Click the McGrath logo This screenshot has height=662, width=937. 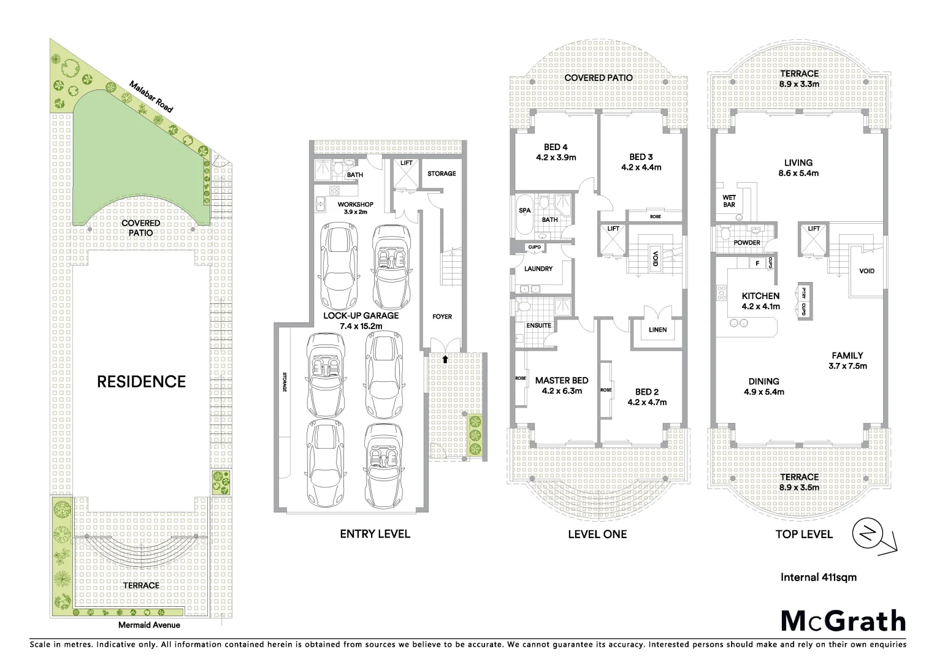pyautogui.click(x=843, y=620)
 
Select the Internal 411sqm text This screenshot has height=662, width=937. pyautogui.click(x=818, y=577)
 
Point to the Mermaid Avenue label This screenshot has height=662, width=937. pyautogui.click(x=150, y=625)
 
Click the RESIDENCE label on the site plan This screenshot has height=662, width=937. pyautogui.click(x=141, y=382)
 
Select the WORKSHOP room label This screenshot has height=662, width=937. pyautogui.click(x=355, y=204)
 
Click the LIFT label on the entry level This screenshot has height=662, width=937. pyautogui.click(x=407, y=163)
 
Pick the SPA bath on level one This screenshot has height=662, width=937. pyautogui.click(x=525, y=210)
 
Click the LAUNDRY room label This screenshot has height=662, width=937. pyautogui.click(x=538, y=268)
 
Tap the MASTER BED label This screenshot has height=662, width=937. pyautogui.click(x=561, y=381)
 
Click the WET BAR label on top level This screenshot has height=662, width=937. pyautogui.click(x=729, y=201)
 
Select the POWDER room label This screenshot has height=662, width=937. pyautogui.click(x=747, y=243)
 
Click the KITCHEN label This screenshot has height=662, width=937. pyautogui.click(x=760, y=296)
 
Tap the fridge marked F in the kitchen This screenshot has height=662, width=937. pyautogui.click(x=757, y=263)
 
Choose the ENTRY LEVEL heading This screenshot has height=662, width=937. pyautogui.click(x=375, y=534)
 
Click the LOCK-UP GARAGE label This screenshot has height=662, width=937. pyautogui.click(x=361, y=316)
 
